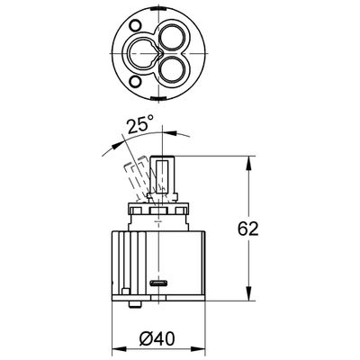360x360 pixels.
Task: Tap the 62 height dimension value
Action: [x=247, y=229]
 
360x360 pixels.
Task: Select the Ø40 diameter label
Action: [x=157, y=339]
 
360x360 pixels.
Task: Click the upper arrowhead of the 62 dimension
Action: [x=248, y=163]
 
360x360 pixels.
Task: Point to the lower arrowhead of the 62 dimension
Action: [x=248, y=293]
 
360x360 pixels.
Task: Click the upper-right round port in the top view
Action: [x=170, y=37]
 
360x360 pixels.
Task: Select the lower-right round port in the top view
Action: [x=170, y=69]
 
